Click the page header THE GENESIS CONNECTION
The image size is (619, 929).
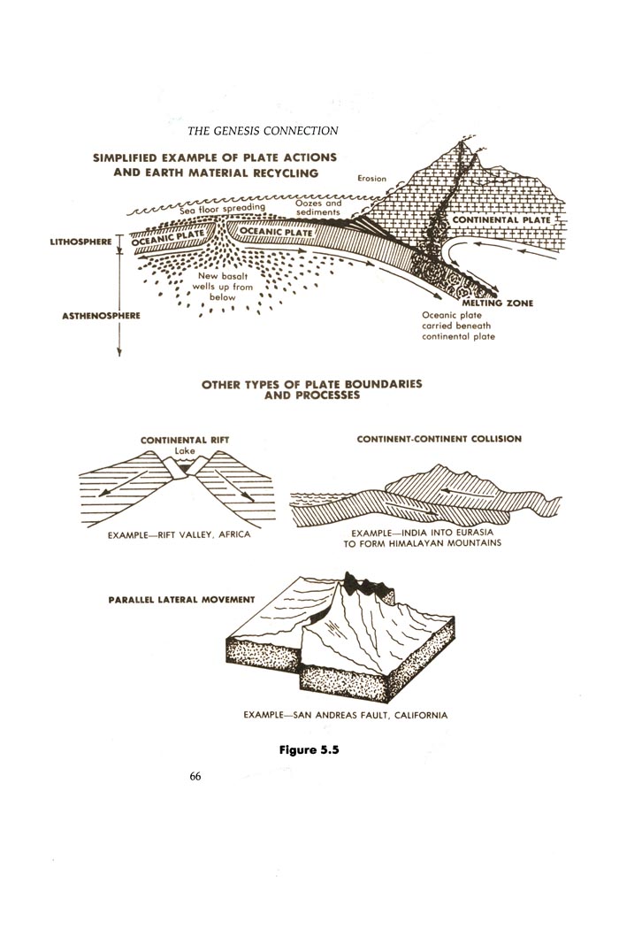coord(263,131)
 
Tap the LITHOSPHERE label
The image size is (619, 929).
coord(81,242)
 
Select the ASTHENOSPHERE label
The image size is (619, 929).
coord(102,316)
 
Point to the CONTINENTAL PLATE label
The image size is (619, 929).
coord(501,219)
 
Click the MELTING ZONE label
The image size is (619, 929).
coord(498,303)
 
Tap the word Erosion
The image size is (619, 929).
coord(372,179)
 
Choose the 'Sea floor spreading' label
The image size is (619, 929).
coord(222,208)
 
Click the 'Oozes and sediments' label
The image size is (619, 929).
coord(318,207)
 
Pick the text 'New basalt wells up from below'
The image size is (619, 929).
coord(223,287)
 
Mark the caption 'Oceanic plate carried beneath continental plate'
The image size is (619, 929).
coord(458,326)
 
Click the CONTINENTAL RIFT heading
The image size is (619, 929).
coord(184,441)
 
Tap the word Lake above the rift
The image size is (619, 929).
coord(184,451)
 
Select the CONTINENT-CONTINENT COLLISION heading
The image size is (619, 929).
coord(439,439)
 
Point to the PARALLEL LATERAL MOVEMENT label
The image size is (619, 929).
coord(181,600)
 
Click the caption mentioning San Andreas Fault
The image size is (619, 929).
coord(346,715)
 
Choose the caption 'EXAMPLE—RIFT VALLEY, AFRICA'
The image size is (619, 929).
coord(179,534)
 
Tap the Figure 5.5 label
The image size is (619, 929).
coord(309,750)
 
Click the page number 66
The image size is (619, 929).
coord(195,776)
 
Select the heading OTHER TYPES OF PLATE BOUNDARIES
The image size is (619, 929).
coord(312,384)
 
